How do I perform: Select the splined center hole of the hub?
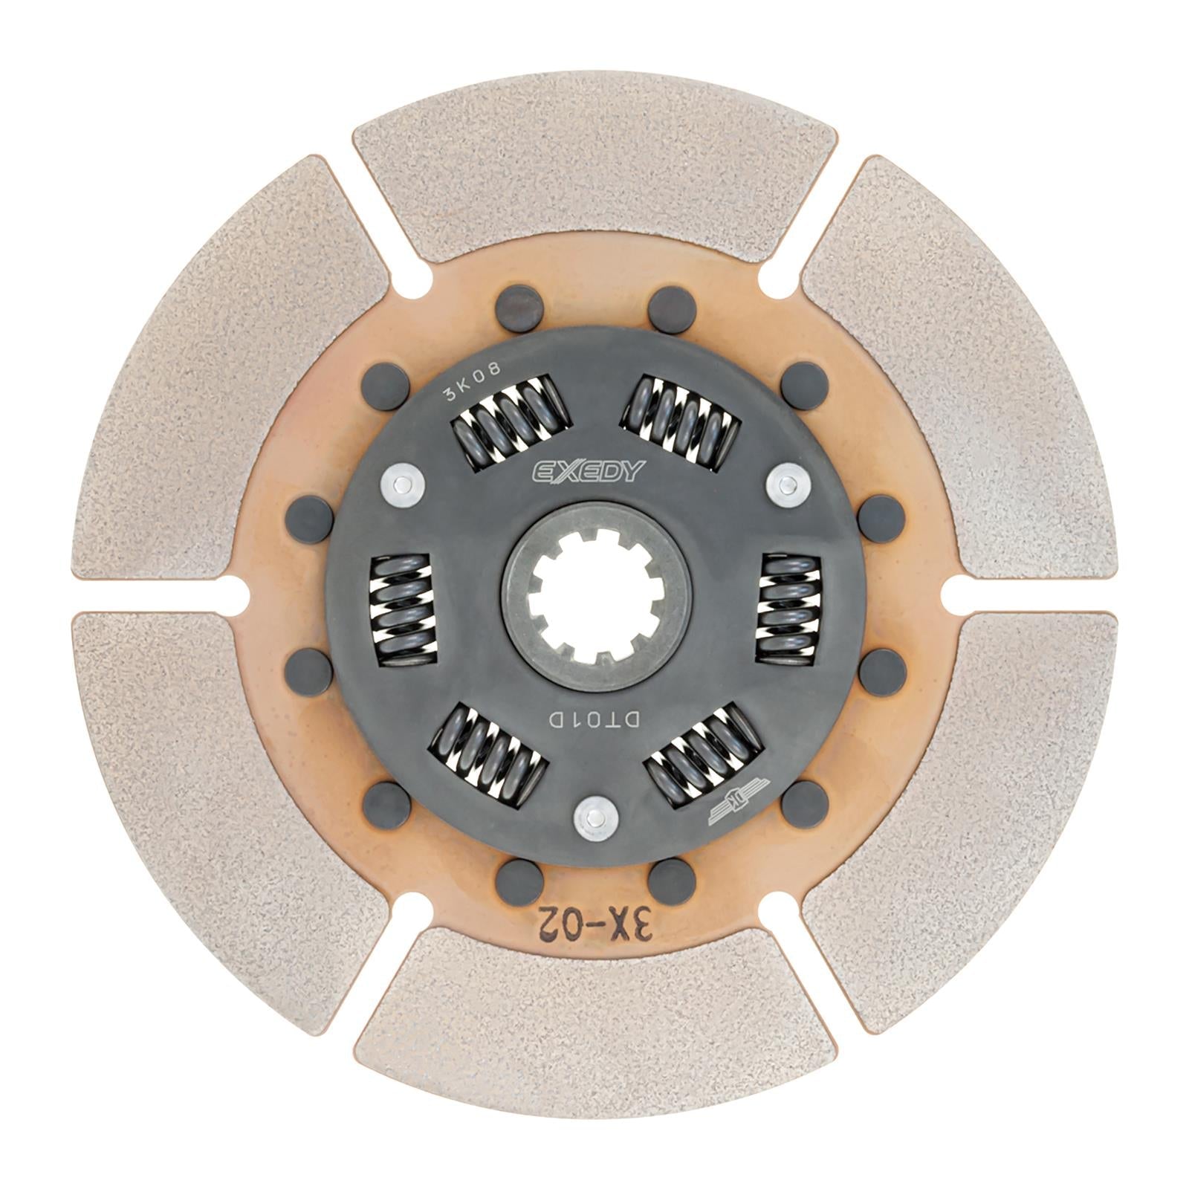(x=594, y=594)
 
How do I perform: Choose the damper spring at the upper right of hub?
(x=681, y=420)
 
